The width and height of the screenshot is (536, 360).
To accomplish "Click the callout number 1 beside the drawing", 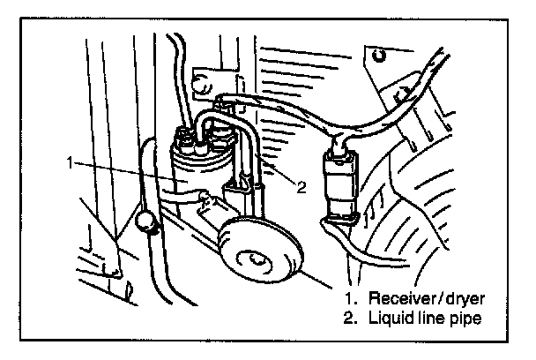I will [x=68, y=162].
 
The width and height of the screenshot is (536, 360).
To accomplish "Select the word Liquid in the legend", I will [x=387, y=318].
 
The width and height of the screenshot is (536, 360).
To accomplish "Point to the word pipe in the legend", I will [x=464, y=319].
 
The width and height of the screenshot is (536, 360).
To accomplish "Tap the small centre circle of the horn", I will [x=257, y=259].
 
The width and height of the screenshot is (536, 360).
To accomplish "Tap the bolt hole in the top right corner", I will [x=379, y=57].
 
